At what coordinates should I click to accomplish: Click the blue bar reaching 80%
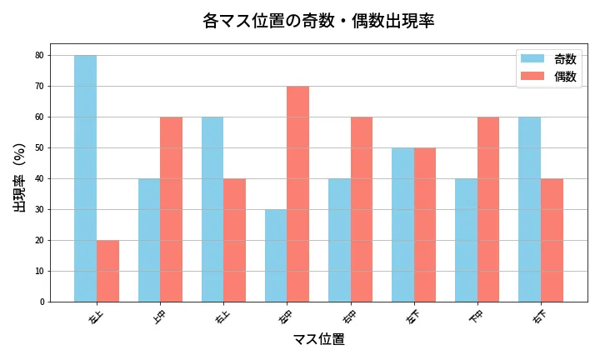tap(85, 178)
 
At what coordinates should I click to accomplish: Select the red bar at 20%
tap(107, 271)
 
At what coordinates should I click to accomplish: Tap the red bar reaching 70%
tap(297, 194)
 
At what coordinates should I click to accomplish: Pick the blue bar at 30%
tap(276, 256)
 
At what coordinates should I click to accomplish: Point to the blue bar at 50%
tap(402, 225)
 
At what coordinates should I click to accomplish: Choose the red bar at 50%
tap(424, 225)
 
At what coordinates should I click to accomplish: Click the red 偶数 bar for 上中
tap(171, 209)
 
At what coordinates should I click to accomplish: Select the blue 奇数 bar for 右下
tap(529, 209)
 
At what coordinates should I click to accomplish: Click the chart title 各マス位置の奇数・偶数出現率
tap(318, 21)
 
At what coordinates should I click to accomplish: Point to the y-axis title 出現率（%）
tap(20, 177)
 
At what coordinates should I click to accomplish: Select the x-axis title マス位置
tap(318, 339)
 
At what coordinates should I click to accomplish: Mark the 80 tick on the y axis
tap(39, 56)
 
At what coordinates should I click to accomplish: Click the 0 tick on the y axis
tap(42, 302)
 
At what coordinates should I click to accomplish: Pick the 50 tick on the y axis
tap(39, 148)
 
